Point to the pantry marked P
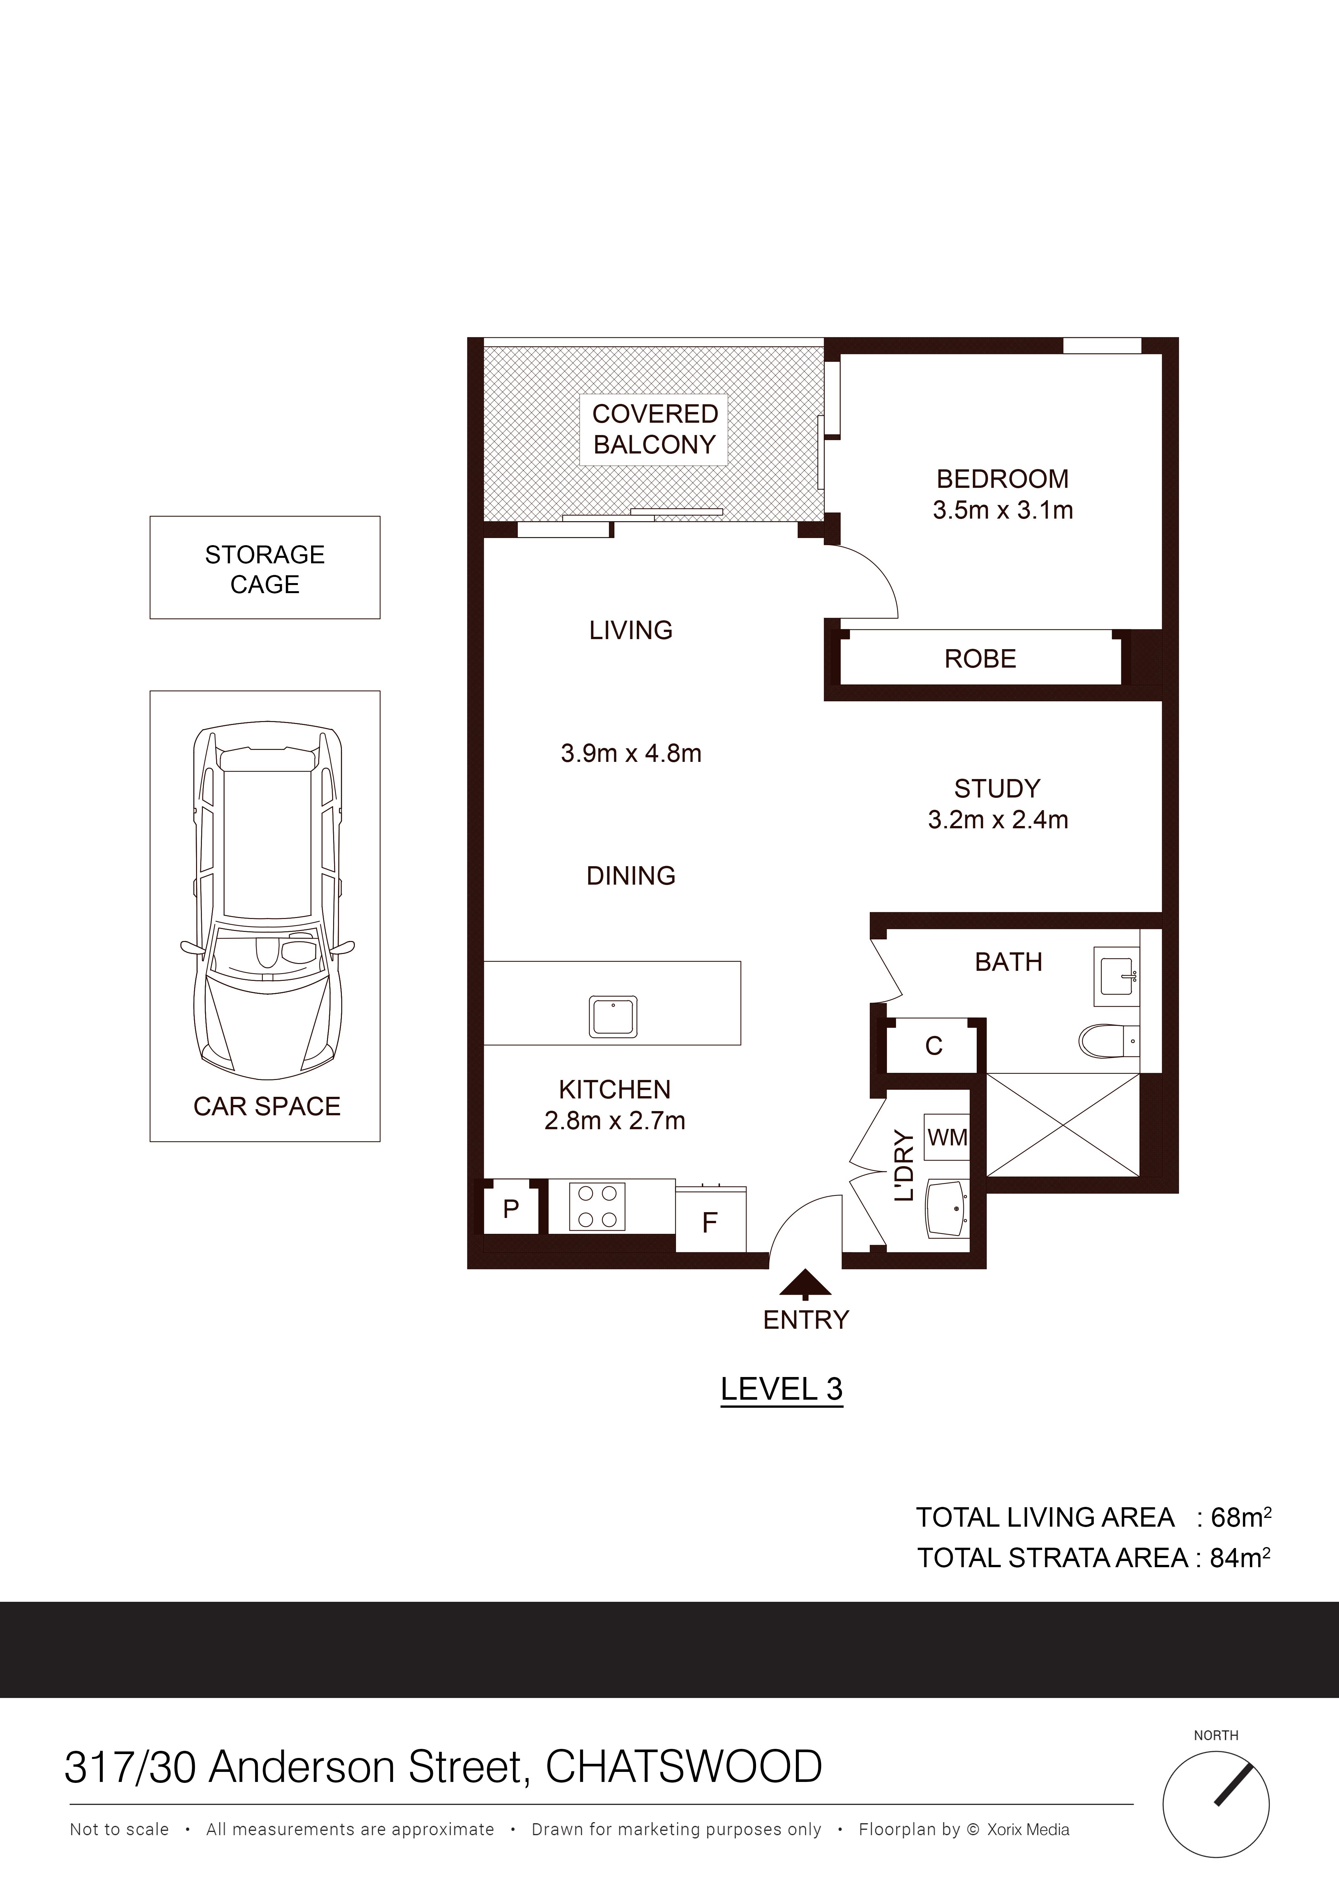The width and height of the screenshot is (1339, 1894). (511, 1209)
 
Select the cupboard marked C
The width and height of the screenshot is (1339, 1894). (933, 1046)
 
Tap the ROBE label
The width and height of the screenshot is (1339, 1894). (980, 659)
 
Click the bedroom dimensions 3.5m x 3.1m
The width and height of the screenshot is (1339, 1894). (1002, 511)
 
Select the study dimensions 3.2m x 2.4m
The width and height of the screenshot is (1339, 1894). (997, 820)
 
